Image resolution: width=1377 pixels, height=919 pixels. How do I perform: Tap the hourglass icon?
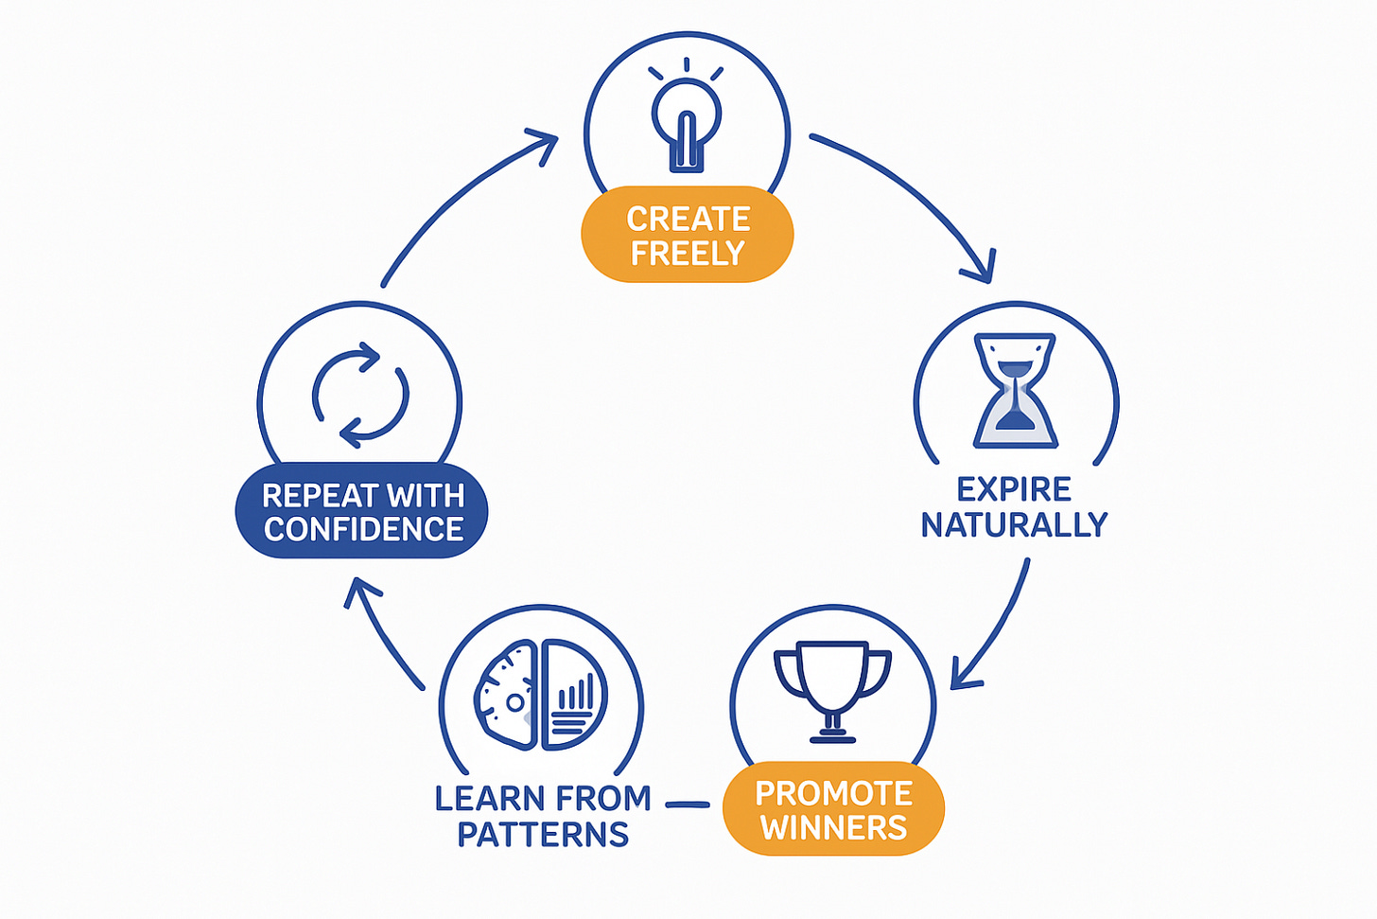click(x=1016, y=390)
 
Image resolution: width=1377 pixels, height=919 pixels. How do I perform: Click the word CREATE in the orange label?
click(x=688, y=220)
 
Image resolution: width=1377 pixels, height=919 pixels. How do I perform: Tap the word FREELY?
click(x=688, y=254)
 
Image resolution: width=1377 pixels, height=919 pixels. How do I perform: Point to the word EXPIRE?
click(x=1014, y=489)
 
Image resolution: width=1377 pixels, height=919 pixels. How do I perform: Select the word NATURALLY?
click(x=1014, y=524)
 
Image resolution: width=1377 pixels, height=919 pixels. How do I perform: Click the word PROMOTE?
click(x=833, y=793)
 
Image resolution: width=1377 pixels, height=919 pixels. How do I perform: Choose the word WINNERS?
click(x=833, y=828)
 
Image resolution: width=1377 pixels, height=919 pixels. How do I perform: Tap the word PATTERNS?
click(x=543, y=835)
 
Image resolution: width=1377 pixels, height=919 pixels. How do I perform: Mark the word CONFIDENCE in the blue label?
click(x=363, y=529)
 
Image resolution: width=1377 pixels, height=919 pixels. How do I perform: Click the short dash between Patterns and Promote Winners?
click(x=688, y=804)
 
